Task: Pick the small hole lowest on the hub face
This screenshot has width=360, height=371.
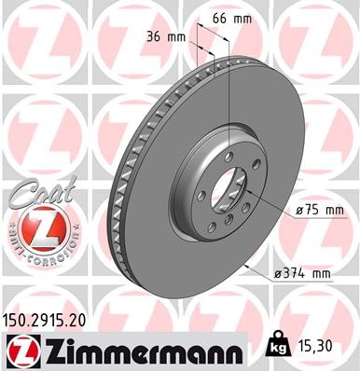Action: [221, 225]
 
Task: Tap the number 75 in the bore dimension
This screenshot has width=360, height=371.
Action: [309, 213]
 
